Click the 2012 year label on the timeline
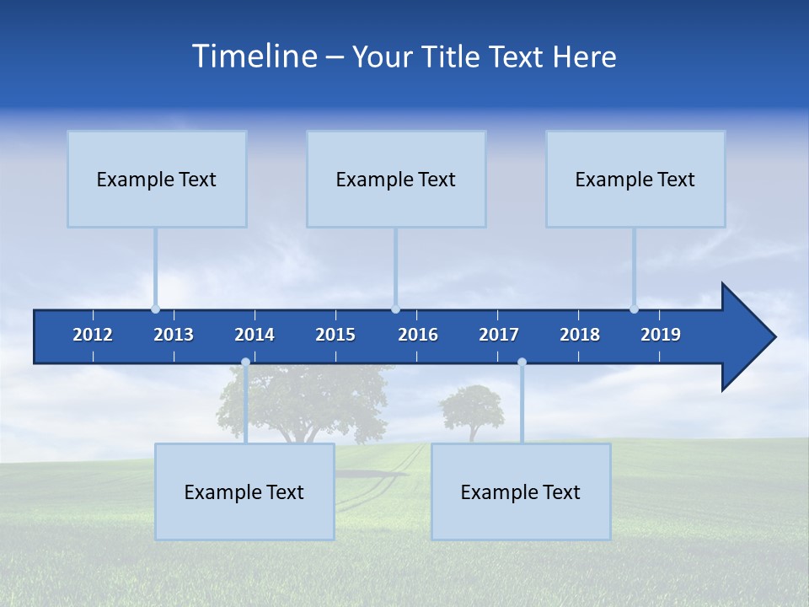pos(93,335)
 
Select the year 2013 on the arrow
pos(174,335)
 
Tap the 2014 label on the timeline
pos(254,335)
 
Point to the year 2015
pos(335,335)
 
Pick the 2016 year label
pos(418,335)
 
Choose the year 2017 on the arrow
pos(499,335)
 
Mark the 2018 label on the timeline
pos(580,335)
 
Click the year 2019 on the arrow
pos(661,335)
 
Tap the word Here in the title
pos(584,56)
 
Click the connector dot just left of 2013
pos(155,309)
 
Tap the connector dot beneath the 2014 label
pos(245,363)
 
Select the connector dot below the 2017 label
pos(522,363)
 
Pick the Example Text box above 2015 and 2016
pos(396,179)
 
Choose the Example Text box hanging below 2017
pos(521,492)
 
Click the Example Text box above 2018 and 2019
pos(635,179)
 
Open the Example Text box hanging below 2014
pos(244,492)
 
